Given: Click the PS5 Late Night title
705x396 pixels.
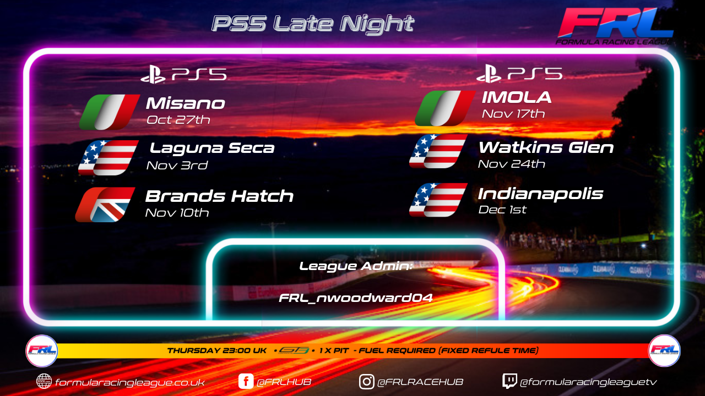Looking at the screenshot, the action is (313, 23).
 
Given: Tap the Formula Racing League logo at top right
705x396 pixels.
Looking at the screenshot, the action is (615, 26).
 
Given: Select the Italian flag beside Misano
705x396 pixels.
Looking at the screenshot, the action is (110, 112).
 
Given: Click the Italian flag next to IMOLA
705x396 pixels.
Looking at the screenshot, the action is (445, 108).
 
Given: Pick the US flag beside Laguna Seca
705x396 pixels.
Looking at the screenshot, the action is (109, 157).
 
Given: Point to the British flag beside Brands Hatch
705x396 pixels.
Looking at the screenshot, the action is (105, 205).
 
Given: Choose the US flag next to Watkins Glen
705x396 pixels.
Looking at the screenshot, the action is (438, 151).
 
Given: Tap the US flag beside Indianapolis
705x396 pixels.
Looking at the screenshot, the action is (438, 200).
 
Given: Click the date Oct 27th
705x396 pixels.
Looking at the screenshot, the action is (178, 120).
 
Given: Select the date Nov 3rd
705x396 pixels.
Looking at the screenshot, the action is (177, 166).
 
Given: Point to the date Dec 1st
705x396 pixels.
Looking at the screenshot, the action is (502, 210).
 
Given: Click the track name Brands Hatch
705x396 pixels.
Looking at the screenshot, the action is (219, 196).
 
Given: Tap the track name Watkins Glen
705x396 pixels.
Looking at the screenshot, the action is (546, 148).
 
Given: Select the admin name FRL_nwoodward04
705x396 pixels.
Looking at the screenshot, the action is (356, 298).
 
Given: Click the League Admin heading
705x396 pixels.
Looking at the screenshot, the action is (356, 266).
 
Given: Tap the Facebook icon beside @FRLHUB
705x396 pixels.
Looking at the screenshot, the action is (246, 382).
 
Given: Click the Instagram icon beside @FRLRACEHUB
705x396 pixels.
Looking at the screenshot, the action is (366, 382).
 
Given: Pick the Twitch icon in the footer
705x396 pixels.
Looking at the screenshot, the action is (509, 381).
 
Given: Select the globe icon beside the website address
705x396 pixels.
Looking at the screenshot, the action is (44, 382).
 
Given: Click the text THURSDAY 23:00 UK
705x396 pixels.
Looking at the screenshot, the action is (217, 350).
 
